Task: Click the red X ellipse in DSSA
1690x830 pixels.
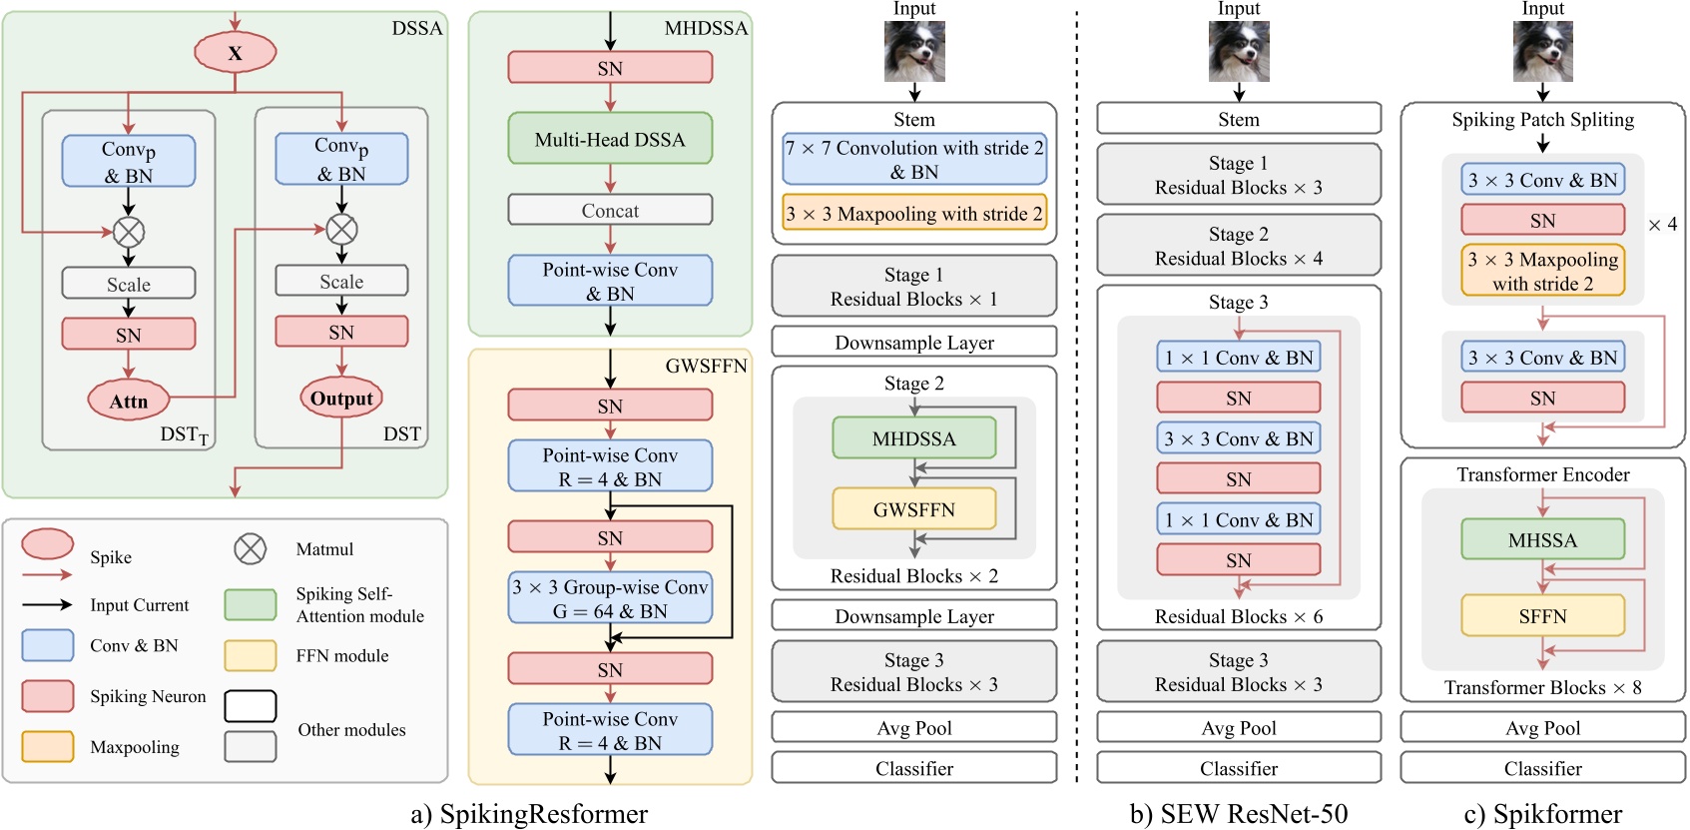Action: click(235, 52)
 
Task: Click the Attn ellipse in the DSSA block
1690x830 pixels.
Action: click(128, 401)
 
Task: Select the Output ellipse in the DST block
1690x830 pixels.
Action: click(341, 398)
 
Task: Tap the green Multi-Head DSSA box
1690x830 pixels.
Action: click(610, 139)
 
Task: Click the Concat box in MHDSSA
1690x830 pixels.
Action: click(610, 210)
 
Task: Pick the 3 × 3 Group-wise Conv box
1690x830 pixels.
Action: click(610, 598)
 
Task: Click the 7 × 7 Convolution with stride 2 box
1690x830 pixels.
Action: click(913, 159)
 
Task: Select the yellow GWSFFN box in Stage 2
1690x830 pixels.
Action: click(913, 508)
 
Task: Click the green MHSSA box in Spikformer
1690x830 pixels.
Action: click(1542, 539)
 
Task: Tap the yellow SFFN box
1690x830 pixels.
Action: click(1542, 615)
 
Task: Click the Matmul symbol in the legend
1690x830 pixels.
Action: click(250, 548)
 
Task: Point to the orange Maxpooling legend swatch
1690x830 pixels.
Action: click(48, 746)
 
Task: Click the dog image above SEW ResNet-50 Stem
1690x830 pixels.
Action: click(1238, 51)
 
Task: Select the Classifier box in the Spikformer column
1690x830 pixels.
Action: click(1542, 768)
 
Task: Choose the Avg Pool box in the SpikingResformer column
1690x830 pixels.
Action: click(913, 727)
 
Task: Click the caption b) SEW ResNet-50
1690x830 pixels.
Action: click(1238, 813)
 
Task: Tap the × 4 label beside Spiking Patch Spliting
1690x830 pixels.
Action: click(1662, 225)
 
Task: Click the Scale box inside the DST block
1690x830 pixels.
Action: click(341, 281)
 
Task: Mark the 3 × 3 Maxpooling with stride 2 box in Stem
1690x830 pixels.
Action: click(913, 213)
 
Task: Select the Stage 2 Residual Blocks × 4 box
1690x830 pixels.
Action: click(1238, 246)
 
